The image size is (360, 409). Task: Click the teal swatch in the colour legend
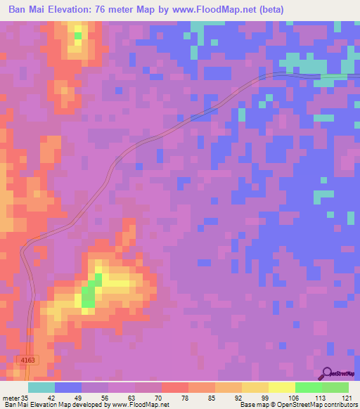coord(41,387)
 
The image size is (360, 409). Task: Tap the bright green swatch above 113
coord(308,387)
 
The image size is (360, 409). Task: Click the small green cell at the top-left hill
coord(77,34)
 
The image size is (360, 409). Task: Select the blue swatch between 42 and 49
coord(67,387)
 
